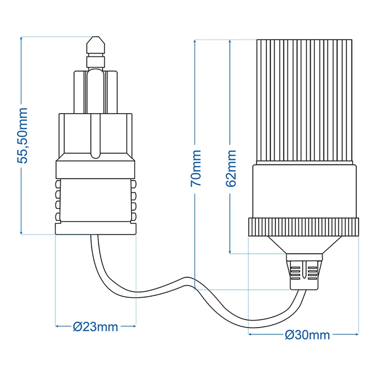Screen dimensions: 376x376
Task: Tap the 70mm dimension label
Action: click(196, 168)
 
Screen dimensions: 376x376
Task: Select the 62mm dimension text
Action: click(231, 168)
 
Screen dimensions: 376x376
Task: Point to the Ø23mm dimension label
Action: click(96, 327)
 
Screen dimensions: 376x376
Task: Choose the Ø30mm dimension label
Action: click(308, 335)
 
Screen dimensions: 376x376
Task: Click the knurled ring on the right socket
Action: click(303, 227)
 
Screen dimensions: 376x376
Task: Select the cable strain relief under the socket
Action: click(304, 272)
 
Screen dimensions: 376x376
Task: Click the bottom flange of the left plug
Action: click(96, 229)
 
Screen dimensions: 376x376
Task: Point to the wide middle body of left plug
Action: click(96, 135)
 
